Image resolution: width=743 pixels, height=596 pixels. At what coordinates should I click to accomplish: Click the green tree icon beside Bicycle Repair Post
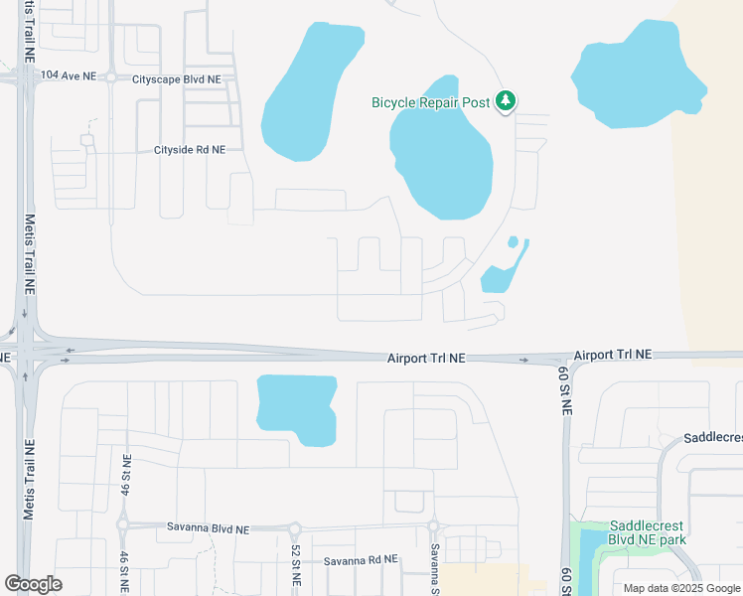tap(507, 101)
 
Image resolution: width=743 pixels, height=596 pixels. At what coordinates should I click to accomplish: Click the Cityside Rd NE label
tap(190, 150)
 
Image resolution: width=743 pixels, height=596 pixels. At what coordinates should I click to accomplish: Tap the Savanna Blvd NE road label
tap(208, 526)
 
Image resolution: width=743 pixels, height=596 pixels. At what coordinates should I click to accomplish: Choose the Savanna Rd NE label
tap(361, 561)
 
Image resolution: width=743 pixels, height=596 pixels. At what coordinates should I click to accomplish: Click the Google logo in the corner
tap(33, 584)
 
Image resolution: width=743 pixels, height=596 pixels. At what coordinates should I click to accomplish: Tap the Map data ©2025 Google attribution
tap(681, 587)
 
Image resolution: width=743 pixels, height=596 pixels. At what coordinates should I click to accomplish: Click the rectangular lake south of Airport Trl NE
tap(295, 407)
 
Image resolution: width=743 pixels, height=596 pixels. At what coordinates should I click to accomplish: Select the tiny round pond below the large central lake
tap(513, 241)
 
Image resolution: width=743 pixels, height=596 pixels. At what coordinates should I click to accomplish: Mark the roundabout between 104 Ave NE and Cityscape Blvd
tap(111, 76)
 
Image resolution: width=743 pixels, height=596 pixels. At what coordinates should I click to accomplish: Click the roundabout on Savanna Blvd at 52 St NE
tap(295, 528)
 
